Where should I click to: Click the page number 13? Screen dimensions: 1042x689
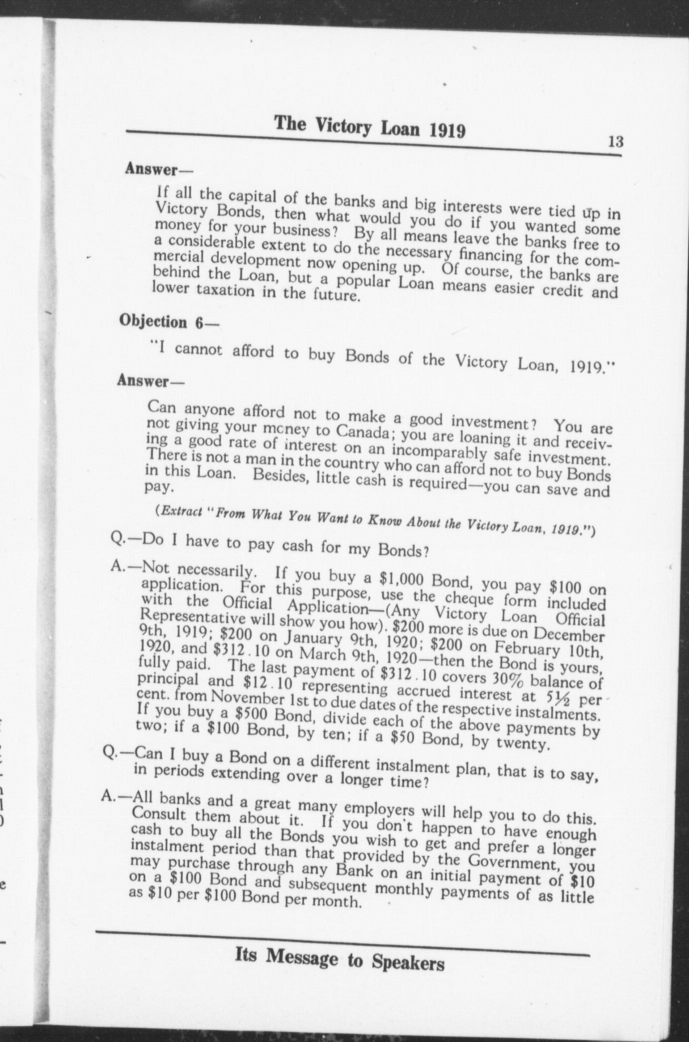click(x=615, y=142)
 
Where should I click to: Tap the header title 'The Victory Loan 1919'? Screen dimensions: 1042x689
click(x=370, y=127)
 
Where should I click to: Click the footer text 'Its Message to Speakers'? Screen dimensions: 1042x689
click(x=339, y=959)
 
